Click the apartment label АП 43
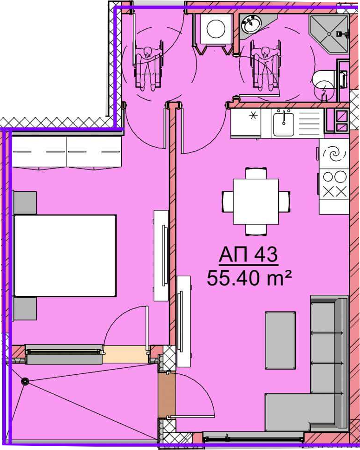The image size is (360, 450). click(249, 254)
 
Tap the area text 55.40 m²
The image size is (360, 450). click(249, 278)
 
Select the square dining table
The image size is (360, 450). click(256, 202)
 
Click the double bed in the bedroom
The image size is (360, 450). click(65, 255)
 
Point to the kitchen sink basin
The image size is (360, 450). click(283, 124)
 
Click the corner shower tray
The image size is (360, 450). click(329, 34)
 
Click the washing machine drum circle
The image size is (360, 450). click(216, 29)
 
